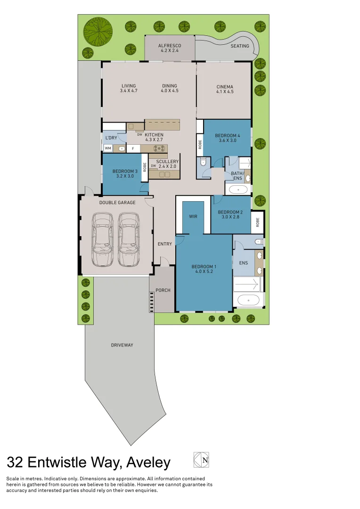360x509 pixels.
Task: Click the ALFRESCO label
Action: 170,46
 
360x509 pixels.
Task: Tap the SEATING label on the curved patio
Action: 240,46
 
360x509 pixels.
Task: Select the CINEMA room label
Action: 225,87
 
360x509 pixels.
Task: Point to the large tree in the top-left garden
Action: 98,32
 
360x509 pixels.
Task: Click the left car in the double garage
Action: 103,239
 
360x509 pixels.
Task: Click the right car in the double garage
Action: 129,239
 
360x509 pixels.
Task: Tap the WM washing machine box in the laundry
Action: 108,148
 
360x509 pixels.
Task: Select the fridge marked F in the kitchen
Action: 133,148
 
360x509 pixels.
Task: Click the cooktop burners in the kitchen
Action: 161,148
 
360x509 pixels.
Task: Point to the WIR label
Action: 193,216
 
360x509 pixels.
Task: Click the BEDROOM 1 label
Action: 204,267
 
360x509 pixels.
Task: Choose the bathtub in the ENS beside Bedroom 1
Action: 248,300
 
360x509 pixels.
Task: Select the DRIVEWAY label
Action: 122,345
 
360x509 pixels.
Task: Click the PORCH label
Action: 163,290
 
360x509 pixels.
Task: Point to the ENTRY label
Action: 165,244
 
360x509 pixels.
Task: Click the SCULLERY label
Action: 167,162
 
